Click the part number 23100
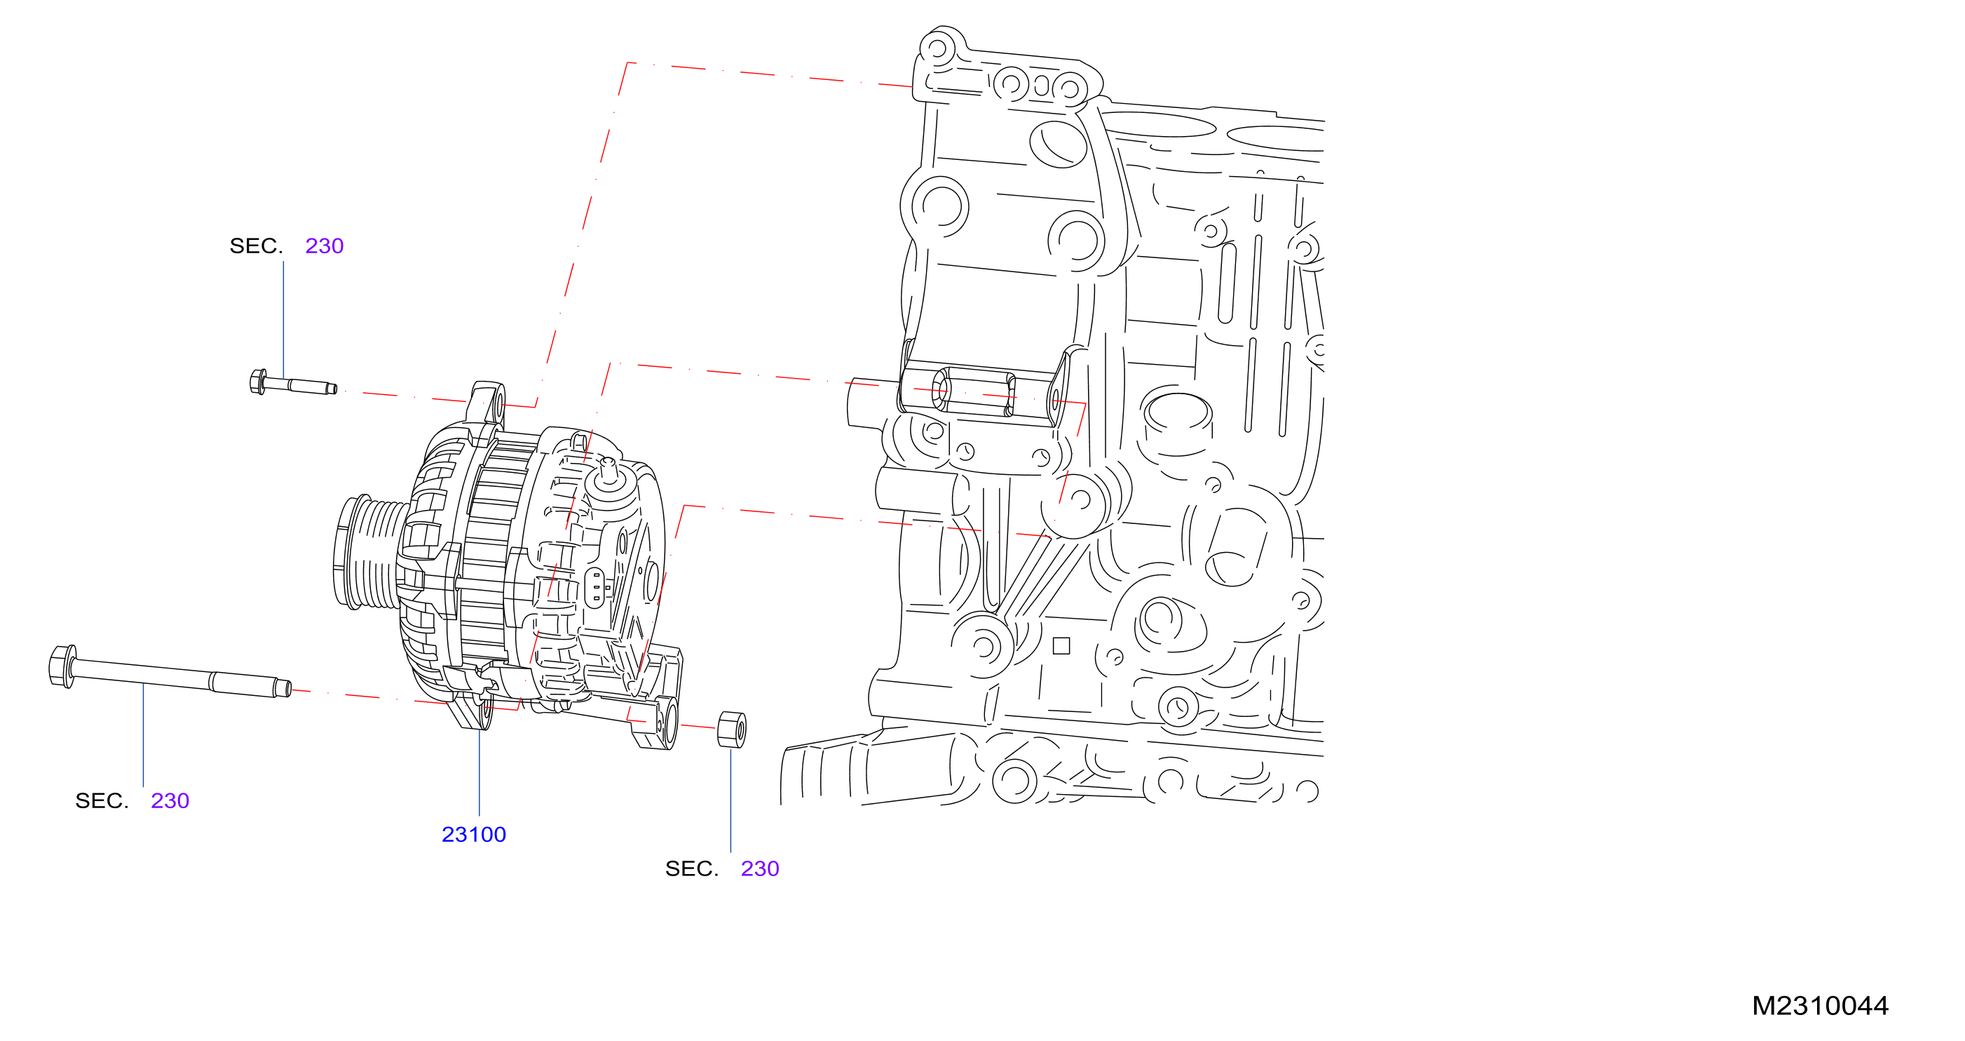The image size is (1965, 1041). [474, 834]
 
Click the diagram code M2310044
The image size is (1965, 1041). [1820, 1006]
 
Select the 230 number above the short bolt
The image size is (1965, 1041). [324, 246]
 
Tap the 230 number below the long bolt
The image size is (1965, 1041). [170, 800]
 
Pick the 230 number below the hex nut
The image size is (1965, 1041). [760, 868]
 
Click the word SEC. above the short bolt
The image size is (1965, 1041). [257, 246]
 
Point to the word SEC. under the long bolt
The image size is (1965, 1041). [102, 800]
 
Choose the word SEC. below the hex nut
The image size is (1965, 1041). [692, 868]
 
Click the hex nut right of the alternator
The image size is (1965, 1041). [732, 730]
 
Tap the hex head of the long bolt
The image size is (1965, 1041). [62, 666]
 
